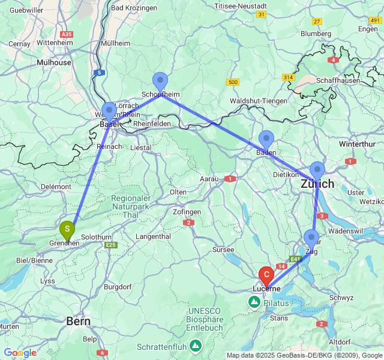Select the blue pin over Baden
(x=266, y=140)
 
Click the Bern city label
(x=79, y=322)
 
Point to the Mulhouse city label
(x=54, y=62)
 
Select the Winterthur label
(x=358, y=145)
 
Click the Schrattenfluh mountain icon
(x=196, y=346)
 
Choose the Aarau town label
(x=209, y=179)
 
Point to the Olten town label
(x=178, y=192)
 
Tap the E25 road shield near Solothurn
(x=110, y=245)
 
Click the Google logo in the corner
(x=20, y=353)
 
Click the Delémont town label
(x=56, y=187)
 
